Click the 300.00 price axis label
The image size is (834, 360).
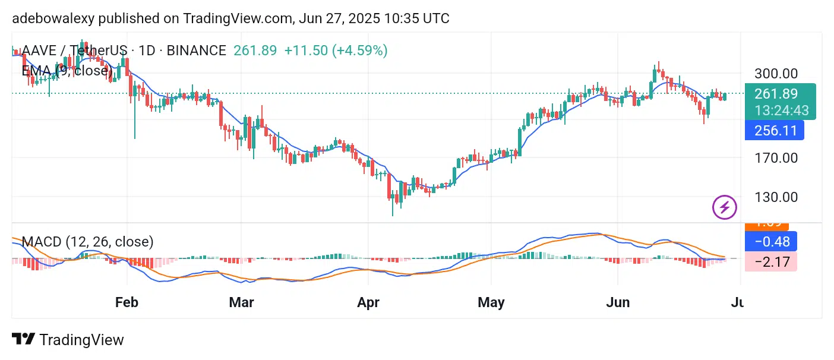[775, 74]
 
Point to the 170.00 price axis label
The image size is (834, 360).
[775, 158]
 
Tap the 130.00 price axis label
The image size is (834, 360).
[775, 197]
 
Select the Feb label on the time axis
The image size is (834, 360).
[127, 302]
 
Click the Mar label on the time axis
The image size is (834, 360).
[241, 302]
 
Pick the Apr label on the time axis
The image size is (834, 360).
[368, 302]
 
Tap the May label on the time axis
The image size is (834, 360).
[491, 302]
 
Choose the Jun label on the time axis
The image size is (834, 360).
[618, 302]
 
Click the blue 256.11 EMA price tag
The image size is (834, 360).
[775, 130]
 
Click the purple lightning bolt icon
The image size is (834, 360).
[724, 207]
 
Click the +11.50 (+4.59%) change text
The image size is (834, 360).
[336, 50]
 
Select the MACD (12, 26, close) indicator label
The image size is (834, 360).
[87, 242]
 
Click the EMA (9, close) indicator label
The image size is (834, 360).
[67, 71]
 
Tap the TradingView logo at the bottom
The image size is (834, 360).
[68, 340]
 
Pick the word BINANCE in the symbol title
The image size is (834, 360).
[196, 50]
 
